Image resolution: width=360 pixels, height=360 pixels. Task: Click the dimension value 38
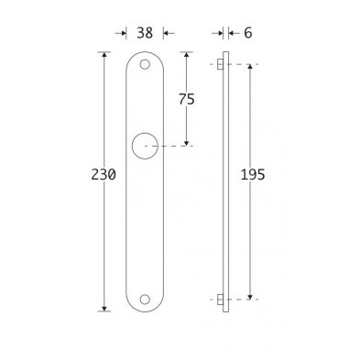(145, 33)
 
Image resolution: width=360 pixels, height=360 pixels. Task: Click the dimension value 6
(248, 33)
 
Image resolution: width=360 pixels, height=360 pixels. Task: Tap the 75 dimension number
(187, 99)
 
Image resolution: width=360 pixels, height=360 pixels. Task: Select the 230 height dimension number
(104, 175)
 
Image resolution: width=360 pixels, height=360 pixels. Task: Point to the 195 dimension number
(253, 175)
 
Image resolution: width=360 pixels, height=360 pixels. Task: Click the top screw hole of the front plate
(145, 64)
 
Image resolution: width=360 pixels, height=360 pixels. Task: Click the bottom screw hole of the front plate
(145, 300)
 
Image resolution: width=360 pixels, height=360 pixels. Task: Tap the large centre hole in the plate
(145, 146)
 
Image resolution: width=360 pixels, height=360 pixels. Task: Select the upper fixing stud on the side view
(220, 64)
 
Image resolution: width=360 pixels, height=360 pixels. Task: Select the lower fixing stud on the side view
(220, 300)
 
